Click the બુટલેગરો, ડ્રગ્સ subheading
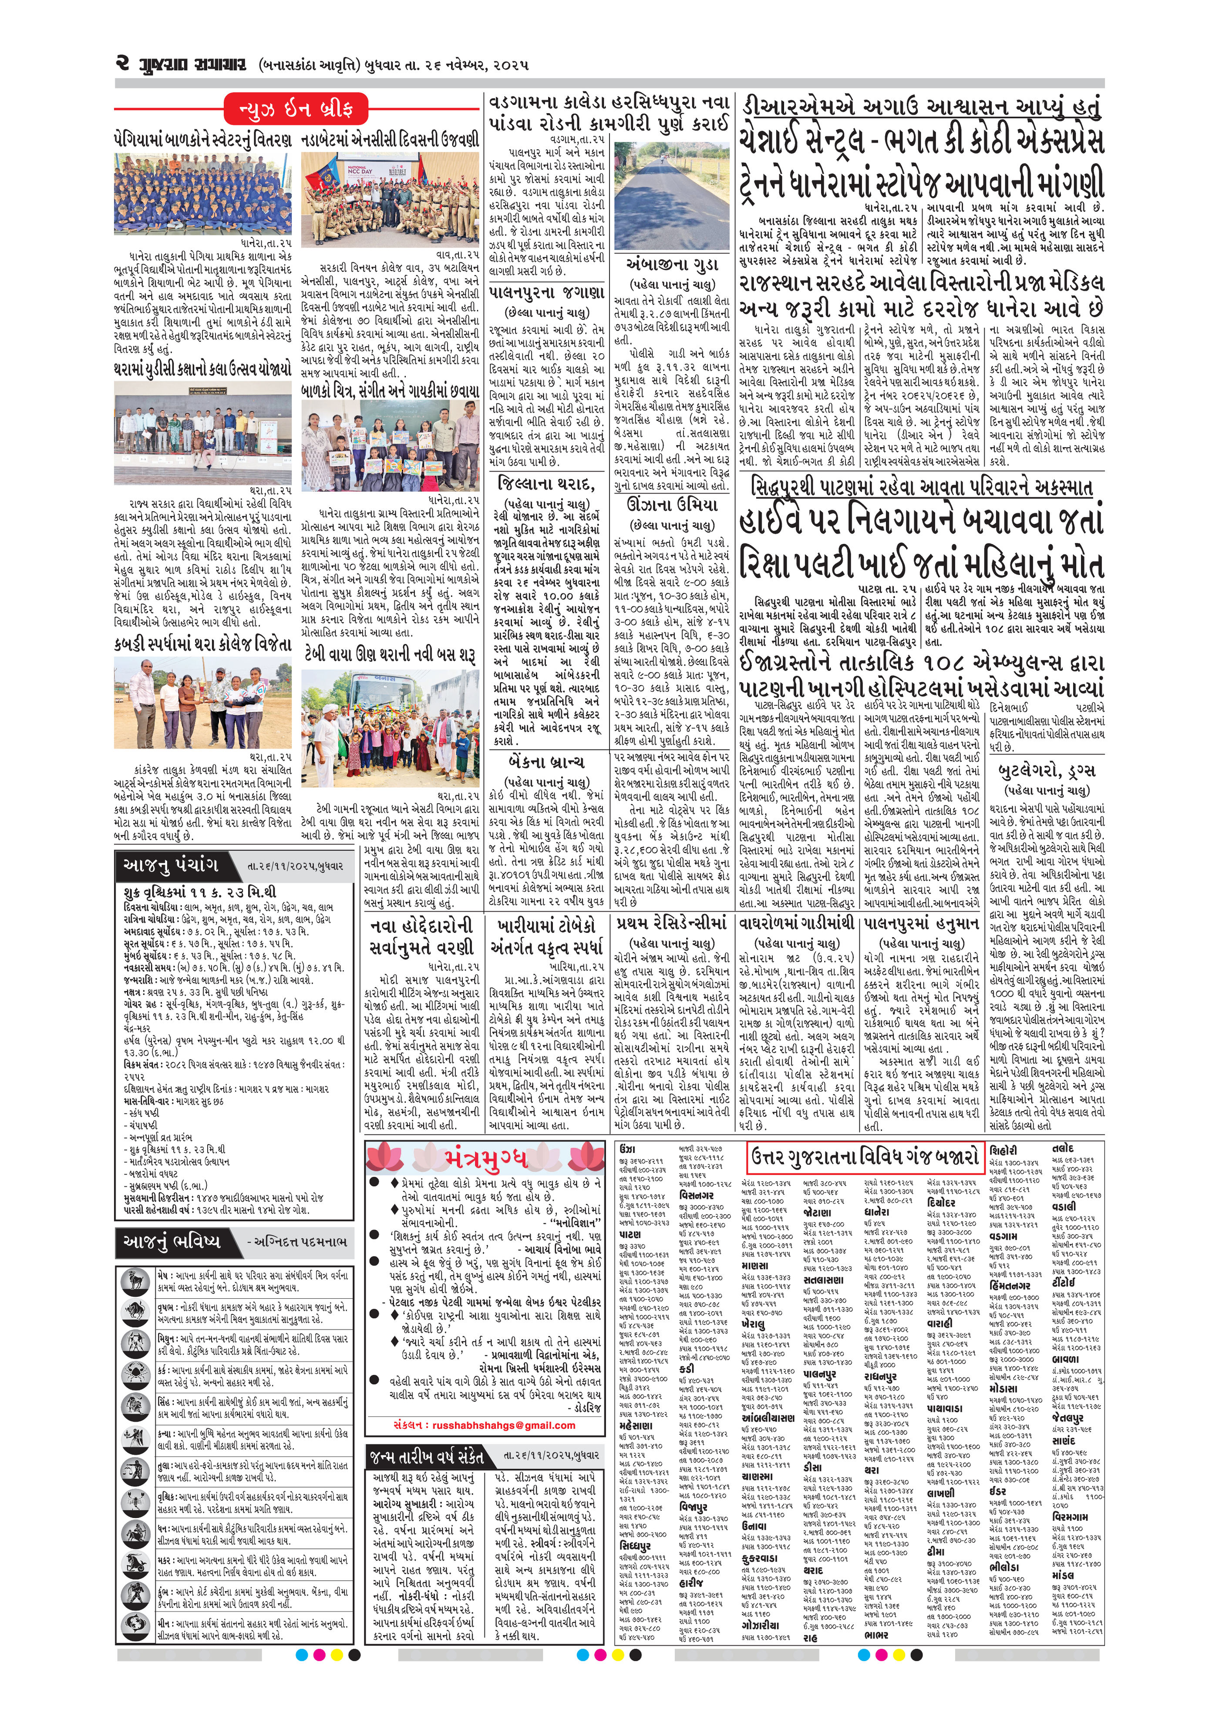(x=1047, y=771)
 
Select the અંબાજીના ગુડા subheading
(x=672, y=265)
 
